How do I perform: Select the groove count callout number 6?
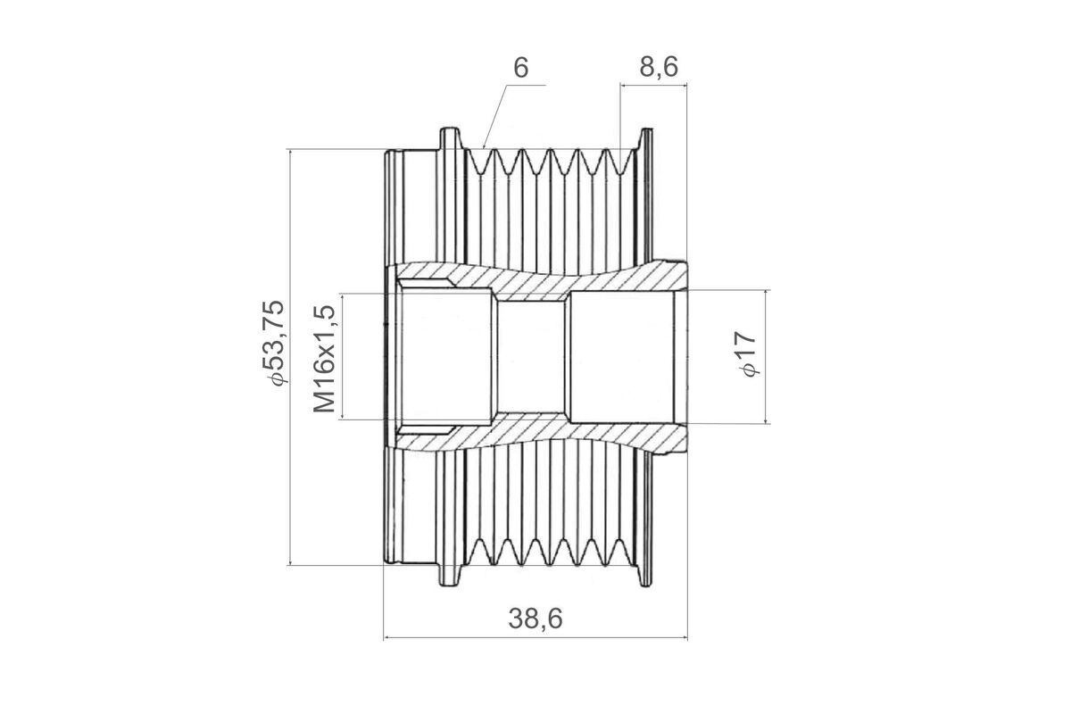[x=521, y=68]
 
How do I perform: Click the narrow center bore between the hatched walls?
[x=531, y=357]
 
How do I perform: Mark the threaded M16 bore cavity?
[x=444, y=357]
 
